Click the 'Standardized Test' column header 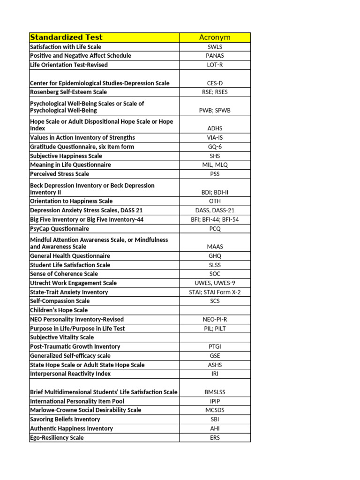point(66,37)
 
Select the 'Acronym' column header point(215,37)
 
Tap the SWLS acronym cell point(215,47)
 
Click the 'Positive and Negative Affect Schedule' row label point(81,56)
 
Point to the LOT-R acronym point(215,65)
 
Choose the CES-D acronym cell point(215,83)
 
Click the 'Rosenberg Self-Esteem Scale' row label point(68,92)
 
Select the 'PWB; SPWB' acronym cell point(215,111)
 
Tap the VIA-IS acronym point(215,138)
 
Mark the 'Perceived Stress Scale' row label point(60,174)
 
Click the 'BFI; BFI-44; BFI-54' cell point(215,220)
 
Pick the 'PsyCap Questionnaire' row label point(60,229)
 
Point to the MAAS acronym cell point(215,247)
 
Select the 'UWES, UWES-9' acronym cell point(215,283)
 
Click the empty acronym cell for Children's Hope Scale point(215,310)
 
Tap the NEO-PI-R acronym point(215,319)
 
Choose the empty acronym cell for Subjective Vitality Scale point(215,337)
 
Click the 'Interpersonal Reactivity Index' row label point(70,374)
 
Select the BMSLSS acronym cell point(215,392)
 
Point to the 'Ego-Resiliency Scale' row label point(57,438)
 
